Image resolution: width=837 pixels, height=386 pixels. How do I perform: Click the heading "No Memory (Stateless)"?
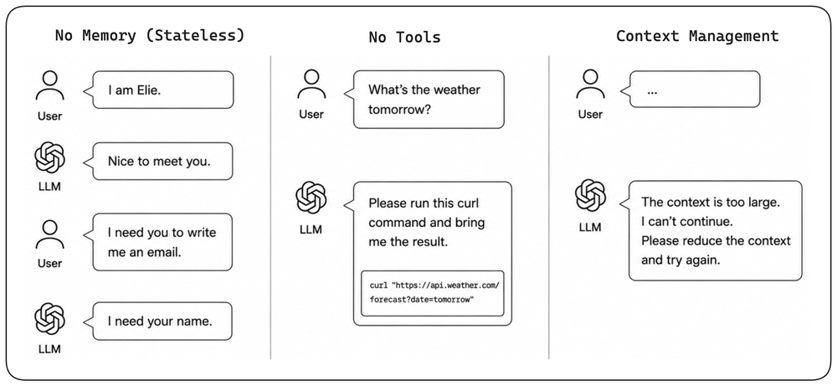pos(150,35)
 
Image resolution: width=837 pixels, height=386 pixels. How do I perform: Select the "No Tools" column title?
pos(404,37)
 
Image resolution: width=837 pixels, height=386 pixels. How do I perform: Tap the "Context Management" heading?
pos(697,36)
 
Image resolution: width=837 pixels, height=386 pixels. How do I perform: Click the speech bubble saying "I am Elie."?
pos(158,90)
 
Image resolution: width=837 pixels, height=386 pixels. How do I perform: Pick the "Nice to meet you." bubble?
pos(158,161)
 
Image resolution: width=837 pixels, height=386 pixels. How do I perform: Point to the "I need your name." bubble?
pos(158,322)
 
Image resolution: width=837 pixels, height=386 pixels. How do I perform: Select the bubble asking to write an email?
pos(158,242)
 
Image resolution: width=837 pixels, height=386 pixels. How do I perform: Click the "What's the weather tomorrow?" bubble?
pos(424,100)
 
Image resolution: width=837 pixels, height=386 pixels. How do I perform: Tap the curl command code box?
pos(433,293)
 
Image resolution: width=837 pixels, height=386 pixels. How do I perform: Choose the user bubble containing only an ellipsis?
pos(691,89)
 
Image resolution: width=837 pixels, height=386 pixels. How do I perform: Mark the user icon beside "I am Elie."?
pos(49,86)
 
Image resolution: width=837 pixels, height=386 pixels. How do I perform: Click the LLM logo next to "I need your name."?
pos(49,319)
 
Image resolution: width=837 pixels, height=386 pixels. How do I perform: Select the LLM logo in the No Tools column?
pos(311,198)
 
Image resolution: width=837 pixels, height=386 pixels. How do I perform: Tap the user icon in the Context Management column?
pos(590,85)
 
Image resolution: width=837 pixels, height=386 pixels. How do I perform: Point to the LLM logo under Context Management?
pos(590,195)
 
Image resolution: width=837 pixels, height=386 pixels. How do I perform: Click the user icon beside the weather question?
pos(311,85)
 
